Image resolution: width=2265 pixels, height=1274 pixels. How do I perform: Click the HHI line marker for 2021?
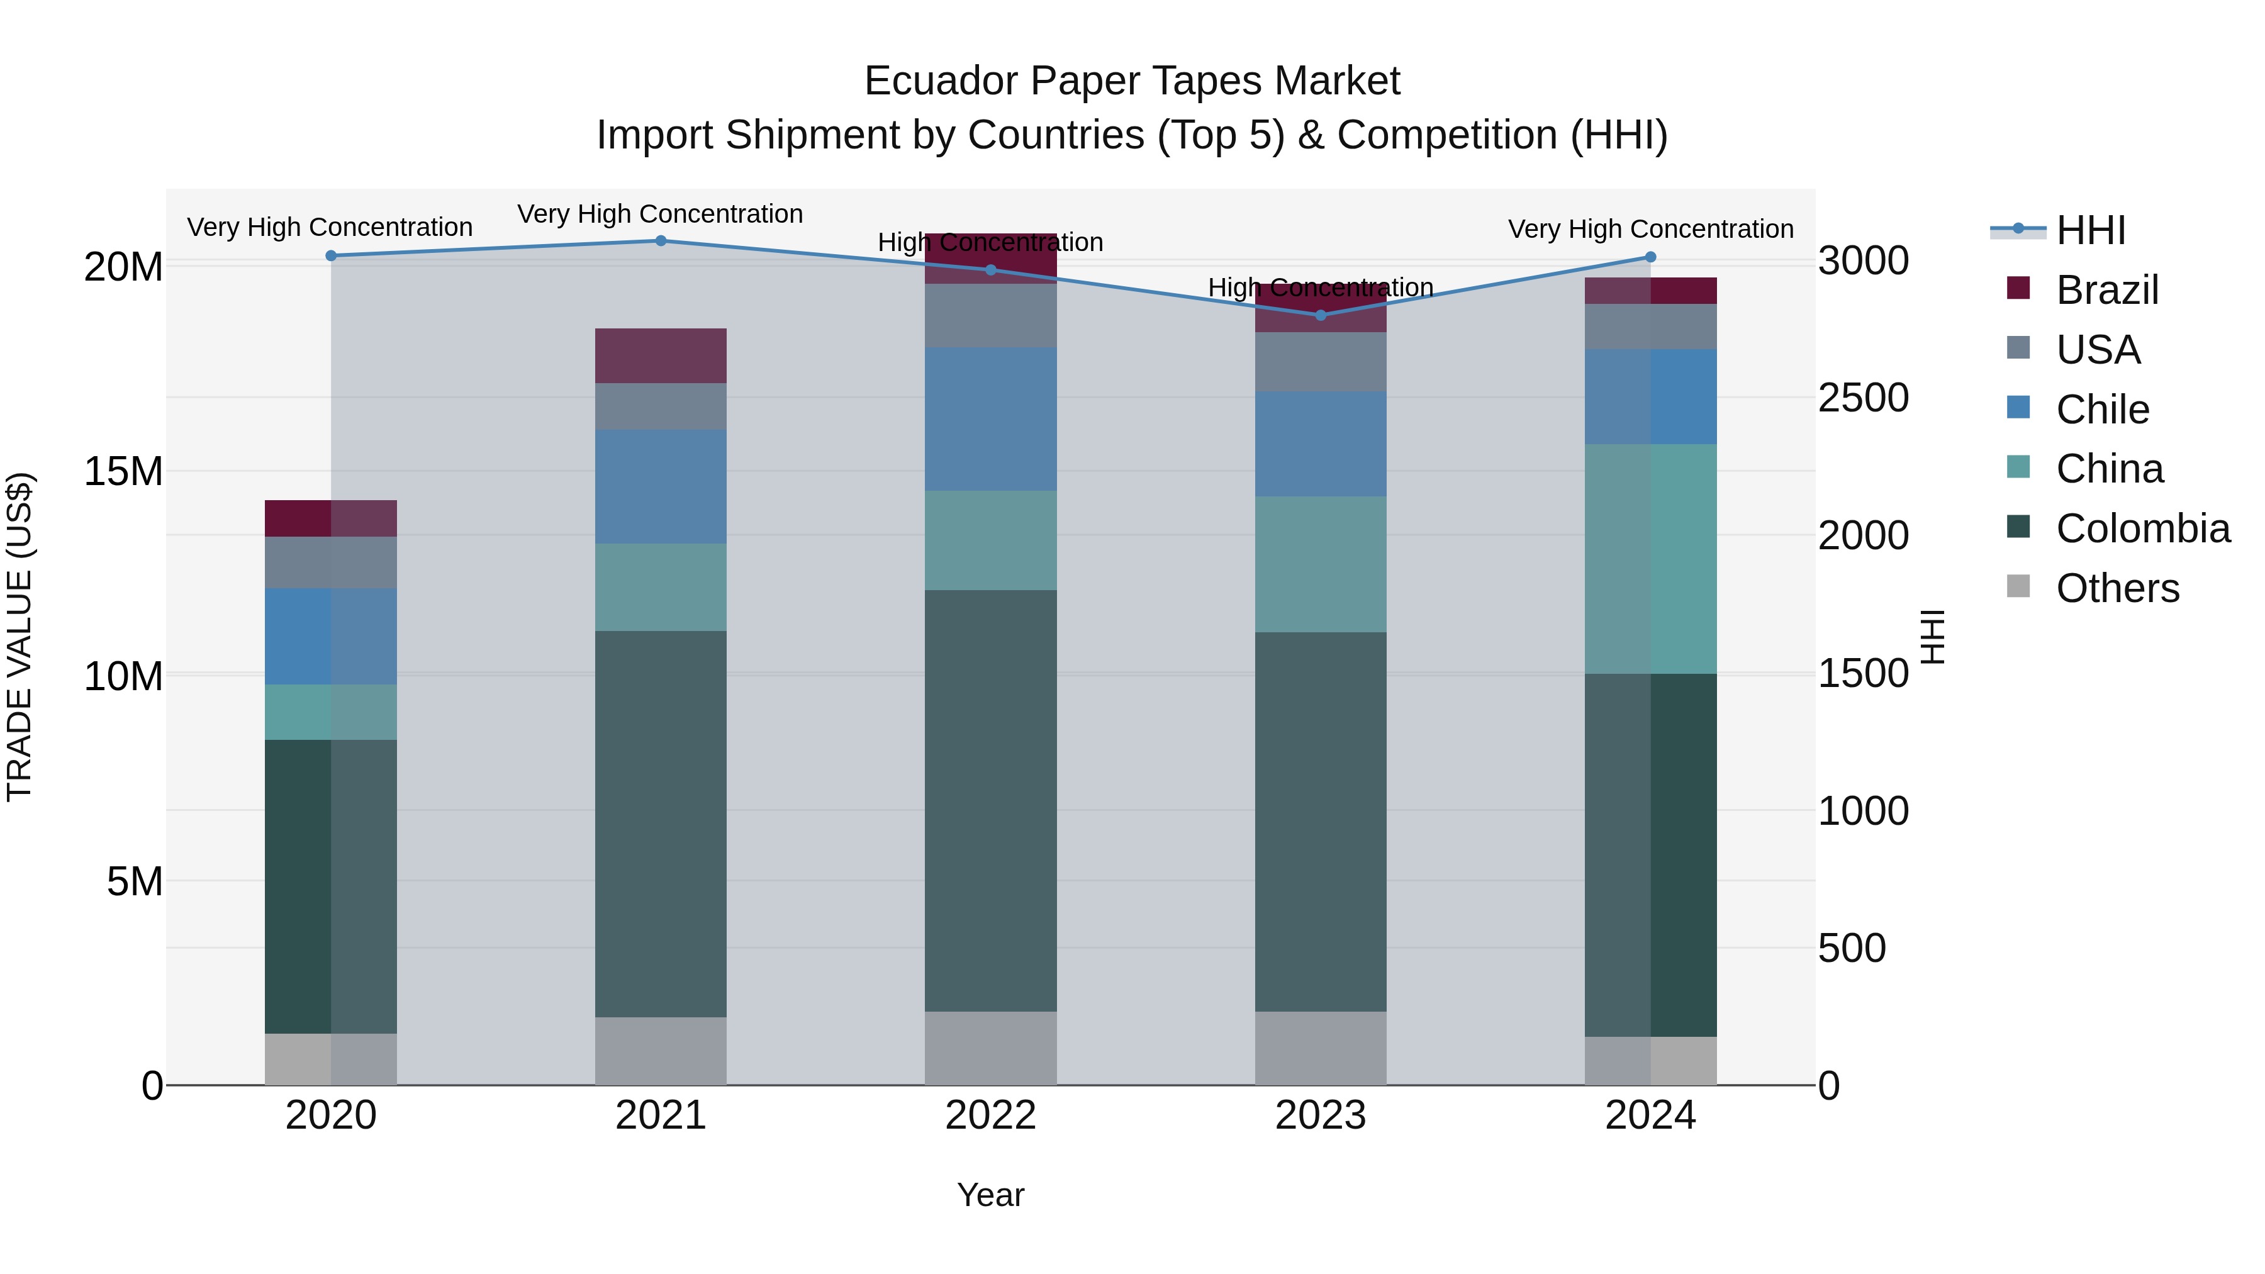[661, 241]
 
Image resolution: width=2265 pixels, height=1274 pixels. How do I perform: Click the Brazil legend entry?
[2106, 290]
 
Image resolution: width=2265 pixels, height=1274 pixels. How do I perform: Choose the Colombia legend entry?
[2142, 528]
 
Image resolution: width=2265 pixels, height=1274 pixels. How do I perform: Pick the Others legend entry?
[2117, 588]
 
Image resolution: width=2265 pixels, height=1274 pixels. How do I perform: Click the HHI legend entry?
[2091, 230]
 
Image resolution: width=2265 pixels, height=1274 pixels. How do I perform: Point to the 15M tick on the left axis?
[123, 472]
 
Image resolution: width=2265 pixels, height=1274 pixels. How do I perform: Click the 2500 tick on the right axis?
[1863, 398]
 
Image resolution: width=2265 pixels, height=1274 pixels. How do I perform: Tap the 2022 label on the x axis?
[991, 1115]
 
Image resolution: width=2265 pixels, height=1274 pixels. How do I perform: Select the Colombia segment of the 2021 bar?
[661, 824]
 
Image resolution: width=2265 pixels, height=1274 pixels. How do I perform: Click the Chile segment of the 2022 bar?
[991, 418]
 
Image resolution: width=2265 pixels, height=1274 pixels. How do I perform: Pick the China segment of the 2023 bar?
[1321, 564]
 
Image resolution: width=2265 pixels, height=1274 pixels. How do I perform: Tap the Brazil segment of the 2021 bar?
[661, 355]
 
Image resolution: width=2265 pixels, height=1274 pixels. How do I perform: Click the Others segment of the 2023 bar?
[1321, 1048]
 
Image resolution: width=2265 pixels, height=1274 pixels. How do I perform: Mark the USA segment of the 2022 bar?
[991, 315]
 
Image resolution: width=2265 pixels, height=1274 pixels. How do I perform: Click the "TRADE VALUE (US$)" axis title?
[20, 637]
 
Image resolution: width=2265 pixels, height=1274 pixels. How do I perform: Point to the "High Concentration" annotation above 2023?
[1321, 288]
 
